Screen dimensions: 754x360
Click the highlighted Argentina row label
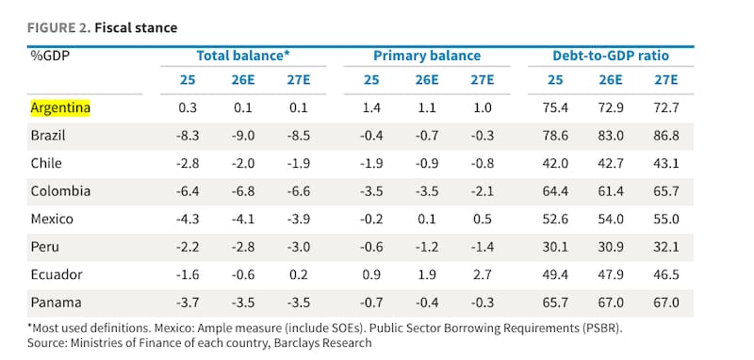tap(60, 107)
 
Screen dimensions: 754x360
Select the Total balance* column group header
tap(243, 56)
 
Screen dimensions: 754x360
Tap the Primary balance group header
tap(427, 56)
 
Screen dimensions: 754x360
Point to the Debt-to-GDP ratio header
tap(610, 56)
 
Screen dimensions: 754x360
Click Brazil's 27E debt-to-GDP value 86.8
tap(666, 136)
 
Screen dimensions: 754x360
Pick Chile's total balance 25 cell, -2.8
tap(188, 163)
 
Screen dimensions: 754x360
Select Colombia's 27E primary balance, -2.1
tap(483, 191)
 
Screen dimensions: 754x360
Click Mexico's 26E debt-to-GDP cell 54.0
tap(611, 220)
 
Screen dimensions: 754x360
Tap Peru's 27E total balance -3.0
tap(299, 247)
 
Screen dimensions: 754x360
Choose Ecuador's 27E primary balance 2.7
tap(483, 275)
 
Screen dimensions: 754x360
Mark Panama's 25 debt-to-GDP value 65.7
tap(555, 303)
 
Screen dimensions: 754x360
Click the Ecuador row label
tap(57, 275)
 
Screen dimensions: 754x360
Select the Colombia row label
tap(60, 191)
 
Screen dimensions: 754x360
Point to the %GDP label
tap(51, 56)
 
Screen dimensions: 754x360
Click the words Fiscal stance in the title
tap(136, 28)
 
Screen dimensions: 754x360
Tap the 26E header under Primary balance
tap(427, 80)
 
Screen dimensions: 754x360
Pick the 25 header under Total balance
tap(188, 80)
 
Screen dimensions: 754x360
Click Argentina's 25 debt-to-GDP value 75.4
tap(555, 107)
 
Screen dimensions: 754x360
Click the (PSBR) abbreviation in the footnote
tap(602, 329)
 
